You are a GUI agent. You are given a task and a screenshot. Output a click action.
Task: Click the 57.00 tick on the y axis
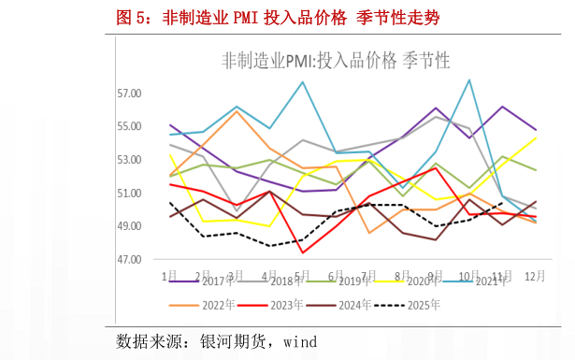click(129, 94)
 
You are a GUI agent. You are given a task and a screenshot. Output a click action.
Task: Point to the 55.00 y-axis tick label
click(129, 126)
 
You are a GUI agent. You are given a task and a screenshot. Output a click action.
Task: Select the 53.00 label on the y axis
click(129, 160)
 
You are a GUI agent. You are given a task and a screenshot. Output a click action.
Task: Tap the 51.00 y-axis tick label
click(129, 193)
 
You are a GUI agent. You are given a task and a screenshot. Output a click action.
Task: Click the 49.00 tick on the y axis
click(129, 226)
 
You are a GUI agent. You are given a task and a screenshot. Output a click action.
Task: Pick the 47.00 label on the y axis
click(129, 259)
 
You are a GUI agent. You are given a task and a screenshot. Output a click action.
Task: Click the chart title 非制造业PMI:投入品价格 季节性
click(336, 61)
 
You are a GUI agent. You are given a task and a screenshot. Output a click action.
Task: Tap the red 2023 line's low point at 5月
click(303, 252)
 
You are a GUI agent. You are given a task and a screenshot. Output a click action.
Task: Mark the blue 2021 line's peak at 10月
click(468, 79)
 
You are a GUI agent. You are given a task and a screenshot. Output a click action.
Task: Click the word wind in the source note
click(300, 339)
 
